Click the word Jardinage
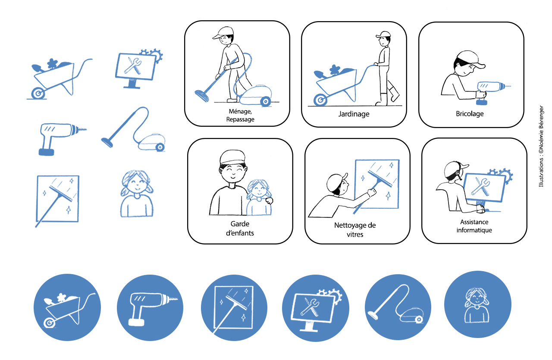[354, 114]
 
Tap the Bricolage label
[470, 113]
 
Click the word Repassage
[240, 119]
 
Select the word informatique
[474, 230]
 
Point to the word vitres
[355, 235]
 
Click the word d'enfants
[240, 233]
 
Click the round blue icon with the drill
[150, 308]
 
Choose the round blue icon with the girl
[477, 304]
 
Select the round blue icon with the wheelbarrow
[67, 307]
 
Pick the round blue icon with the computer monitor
[315, 308]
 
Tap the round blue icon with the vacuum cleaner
[398, 307]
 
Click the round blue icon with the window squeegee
[234, 308]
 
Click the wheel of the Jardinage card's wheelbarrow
[320, 100]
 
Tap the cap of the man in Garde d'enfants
[232, 157]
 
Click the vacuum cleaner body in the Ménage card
[256, 96]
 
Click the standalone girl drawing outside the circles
[137, 194]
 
